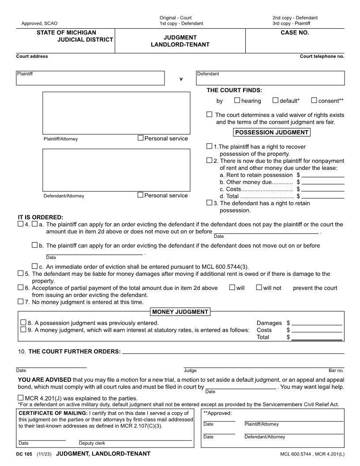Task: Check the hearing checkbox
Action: click(x=237, y=100)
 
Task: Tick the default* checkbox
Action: click(x=275, y=100)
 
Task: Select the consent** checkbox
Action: click(x=314, y=100)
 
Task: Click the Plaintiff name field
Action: click(x=90, y=80)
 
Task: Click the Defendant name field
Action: click(x=270, y=80)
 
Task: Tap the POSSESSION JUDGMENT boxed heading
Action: click(x=271, y=132)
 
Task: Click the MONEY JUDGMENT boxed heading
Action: click(x=180, y=312)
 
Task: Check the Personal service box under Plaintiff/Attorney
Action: click(x=141, y=138)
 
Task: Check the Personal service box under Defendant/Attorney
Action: click(x=141, y=195)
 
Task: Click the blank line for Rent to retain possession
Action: click(x=322, y=176)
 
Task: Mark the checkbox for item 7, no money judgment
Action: click(x=21, y=301)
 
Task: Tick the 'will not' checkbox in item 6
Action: click(x=259, y=287)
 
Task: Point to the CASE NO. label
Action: click(x=295, y=33)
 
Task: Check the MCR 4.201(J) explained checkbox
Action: click(x=21, y=398)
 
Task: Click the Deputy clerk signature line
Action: click(x=135, y=440)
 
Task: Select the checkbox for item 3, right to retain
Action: click(x=209, y=203)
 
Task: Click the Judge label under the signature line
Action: click(x=190, y=371)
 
